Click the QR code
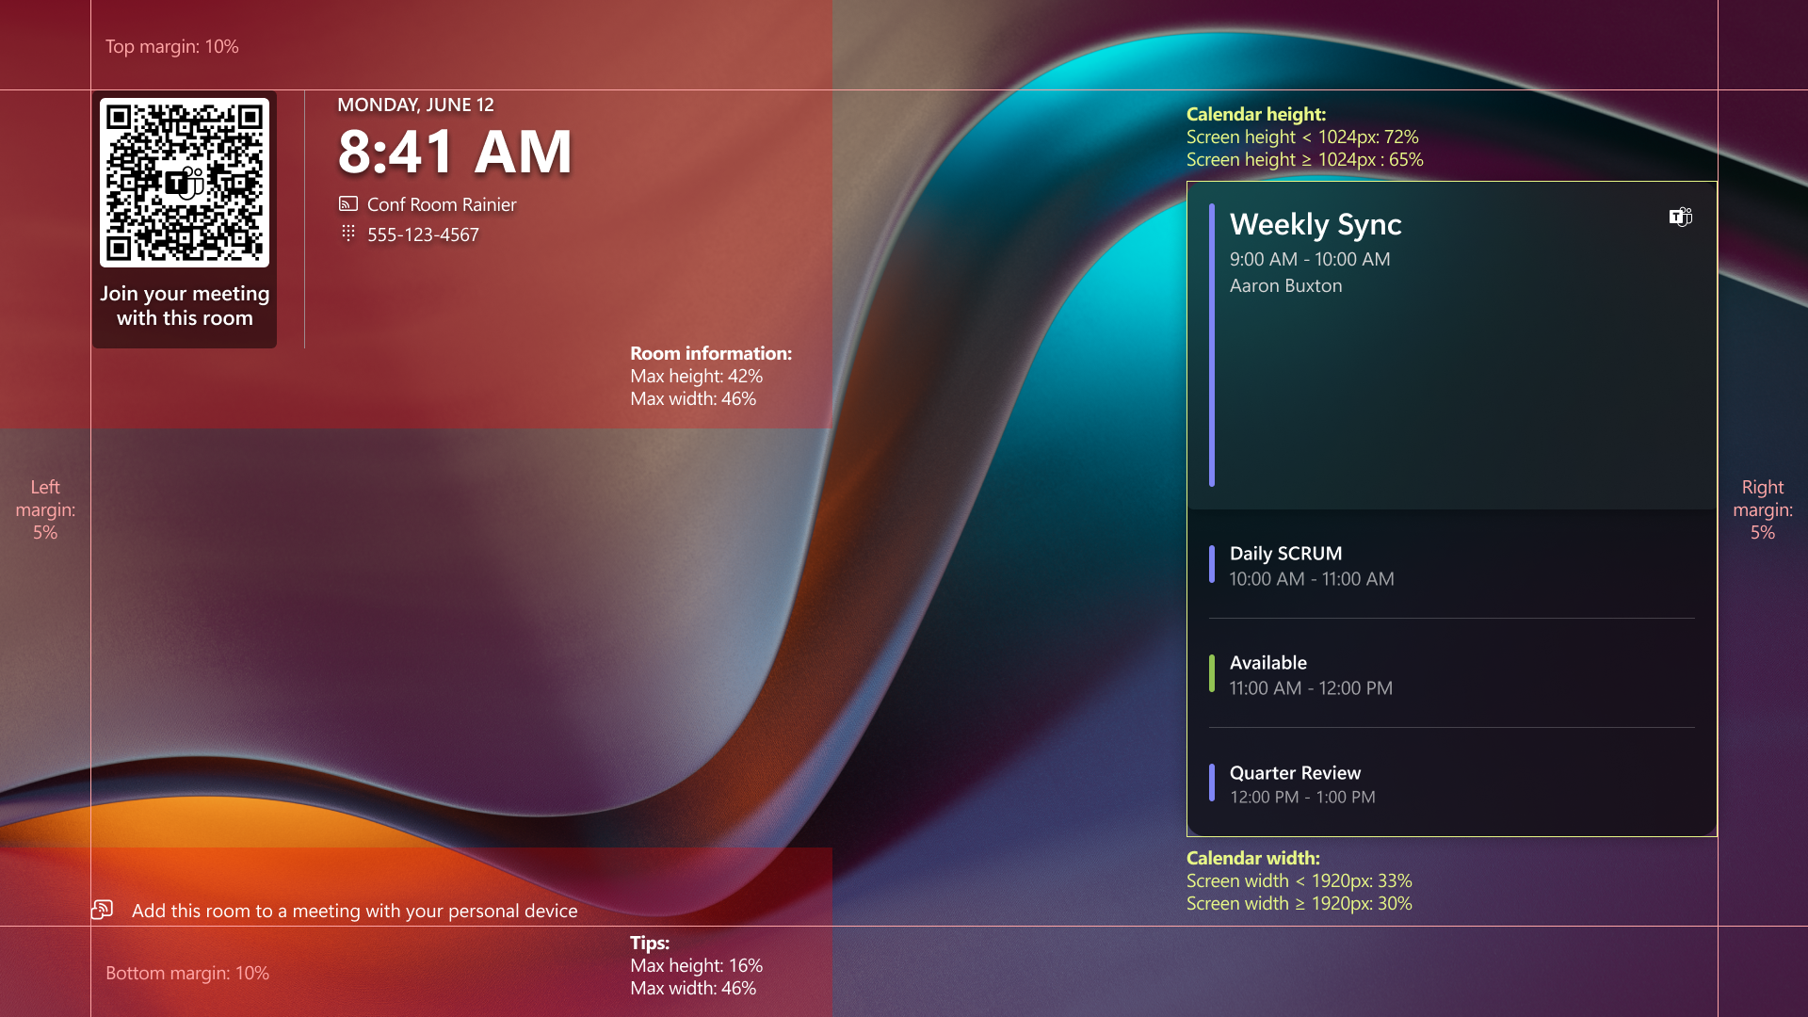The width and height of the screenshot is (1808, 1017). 185,183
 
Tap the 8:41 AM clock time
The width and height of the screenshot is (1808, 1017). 455,152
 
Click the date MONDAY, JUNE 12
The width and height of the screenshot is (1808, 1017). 415,105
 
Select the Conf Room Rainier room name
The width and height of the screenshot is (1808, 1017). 442,204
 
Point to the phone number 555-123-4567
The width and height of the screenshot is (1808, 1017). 423,234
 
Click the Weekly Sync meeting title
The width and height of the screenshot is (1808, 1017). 1316,224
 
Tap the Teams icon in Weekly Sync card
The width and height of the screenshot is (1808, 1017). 1681,218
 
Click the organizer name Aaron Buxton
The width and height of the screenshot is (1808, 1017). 1285,285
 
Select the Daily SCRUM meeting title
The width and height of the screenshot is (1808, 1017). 1285,554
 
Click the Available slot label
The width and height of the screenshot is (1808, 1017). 1267,663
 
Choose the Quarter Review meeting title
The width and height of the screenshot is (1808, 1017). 1295,773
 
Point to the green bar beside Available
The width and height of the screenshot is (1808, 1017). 1212,674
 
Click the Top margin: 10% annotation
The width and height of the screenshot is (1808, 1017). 171,47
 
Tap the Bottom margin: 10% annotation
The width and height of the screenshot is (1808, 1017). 187,973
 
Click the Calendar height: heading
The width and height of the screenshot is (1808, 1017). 1256,114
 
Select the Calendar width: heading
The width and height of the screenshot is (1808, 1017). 1253,858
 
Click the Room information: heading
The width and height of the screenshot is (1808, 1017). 711,353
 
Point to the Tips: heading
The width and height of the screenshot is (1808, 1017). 650,943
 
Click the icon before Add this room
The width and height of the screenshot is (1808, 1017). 103,910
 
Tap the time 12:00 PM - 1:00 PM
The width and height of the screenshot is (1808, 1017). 1302,798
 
